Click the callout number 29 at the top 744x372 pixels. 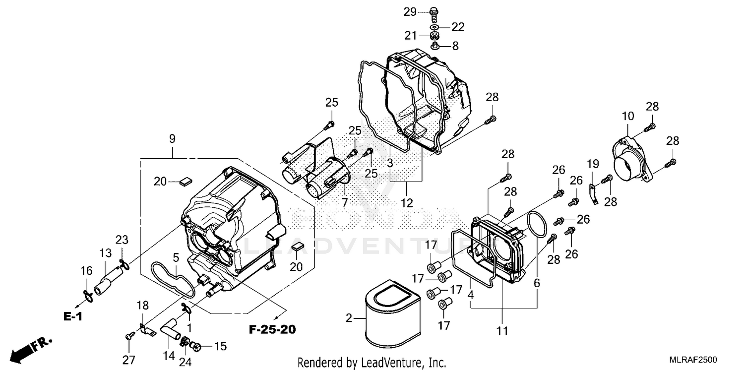pos(410,12)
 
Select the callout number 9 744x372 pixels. pos(172,139)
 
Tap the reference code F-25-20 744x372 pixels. pos(272,329)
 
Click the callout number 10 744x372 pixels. pos(628,117)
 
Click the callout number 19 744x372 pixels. pos(593,163)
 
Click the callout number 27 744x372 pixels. pos(129,361)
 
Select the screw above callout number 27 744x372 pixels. pos(128,337)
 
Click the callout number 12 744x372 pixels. pos(407,202)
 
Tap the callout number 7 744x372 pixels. pos(344,202)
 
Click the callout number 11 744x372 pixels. pos(502,331)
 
